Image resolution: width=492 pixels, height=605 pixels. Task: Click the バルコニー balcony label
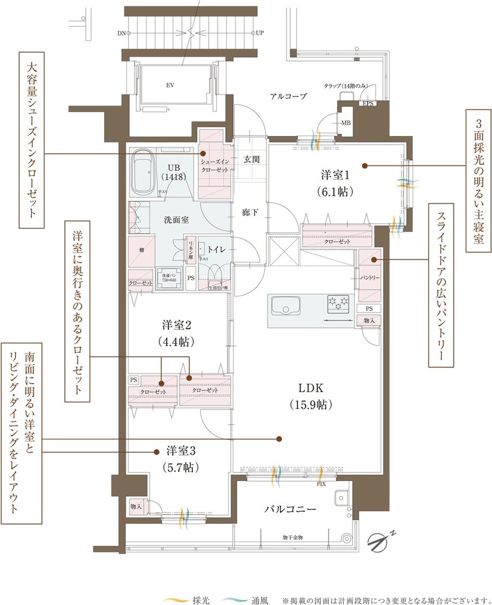pos(290,509)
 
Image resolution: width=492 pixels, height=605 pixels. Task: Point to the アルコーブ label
pos(288,96)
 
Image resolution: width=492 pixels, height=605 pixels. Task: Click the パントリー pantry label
pos(370,278)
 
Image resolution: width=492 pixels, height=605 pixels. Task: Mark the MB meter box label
pos(345,123)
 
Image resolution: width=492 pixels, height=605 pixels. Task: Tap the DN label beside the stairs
pos(121,33)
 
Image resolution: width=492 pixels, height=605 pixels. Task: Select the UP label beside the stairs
pos(260,33)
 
